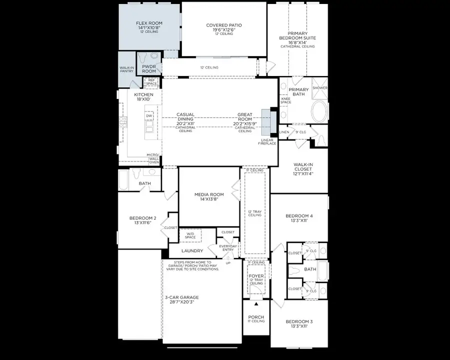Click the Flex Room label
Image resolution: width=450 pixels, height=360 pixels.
click(x=148, y=23)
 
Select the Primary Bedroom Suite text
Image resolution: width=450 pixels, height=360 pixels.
click(x=297, y=38)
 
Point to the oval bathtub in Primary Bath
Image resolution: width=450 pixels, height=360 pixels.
click(x=318, y=108)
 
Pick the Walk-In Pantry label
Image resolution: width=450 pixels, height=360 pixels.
click(x=126, y=69)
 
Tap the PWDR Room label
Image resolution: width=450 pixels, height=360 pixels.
click(x=148, y=68)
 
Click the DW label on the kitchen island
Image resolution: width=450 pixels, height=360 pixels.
click(x=148, y=116)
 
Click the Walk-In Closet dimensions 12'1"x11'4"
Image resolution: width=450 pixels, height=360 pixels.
click(x=303, y=174)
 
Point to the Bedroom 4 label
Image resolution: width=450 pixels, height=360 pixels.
click(x=298, y=216)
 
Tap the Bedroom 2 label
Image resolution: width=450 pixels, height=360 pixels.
click(x=143, y=218)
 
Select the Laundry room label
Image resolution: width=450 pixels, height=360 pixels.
click(x=192, y=250)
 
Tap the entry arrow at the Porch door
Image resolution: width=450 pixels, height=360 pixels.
click(x=256, y=303)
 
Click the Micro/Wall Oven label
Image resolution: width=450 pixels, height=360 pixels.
click(x=153, y=158)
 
